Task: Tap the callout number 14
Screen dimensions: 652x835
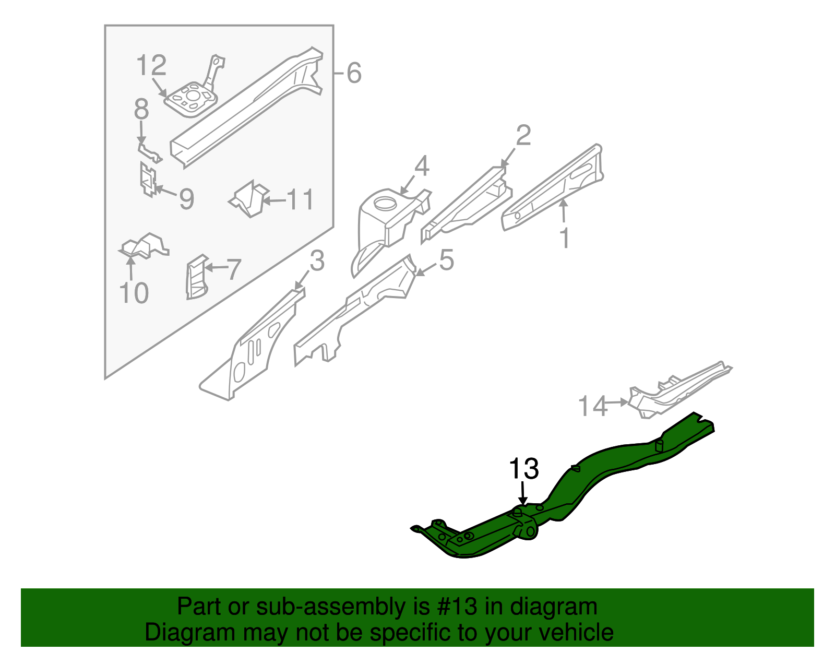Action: click(x=593, y=406)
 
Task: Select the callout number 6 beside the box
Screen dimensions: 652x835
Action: click(x=354, y=73)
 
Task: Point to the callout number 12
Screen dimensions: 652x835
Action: click(x=151, y=66)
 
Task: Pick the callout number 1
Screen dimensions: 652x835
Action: click(x=565, y=238)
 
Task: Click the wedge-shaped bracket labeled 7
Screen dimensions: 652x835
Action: click(x=196, y=277)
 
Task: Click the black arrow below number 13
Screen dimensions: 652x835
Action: click(x=523, y=493)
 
